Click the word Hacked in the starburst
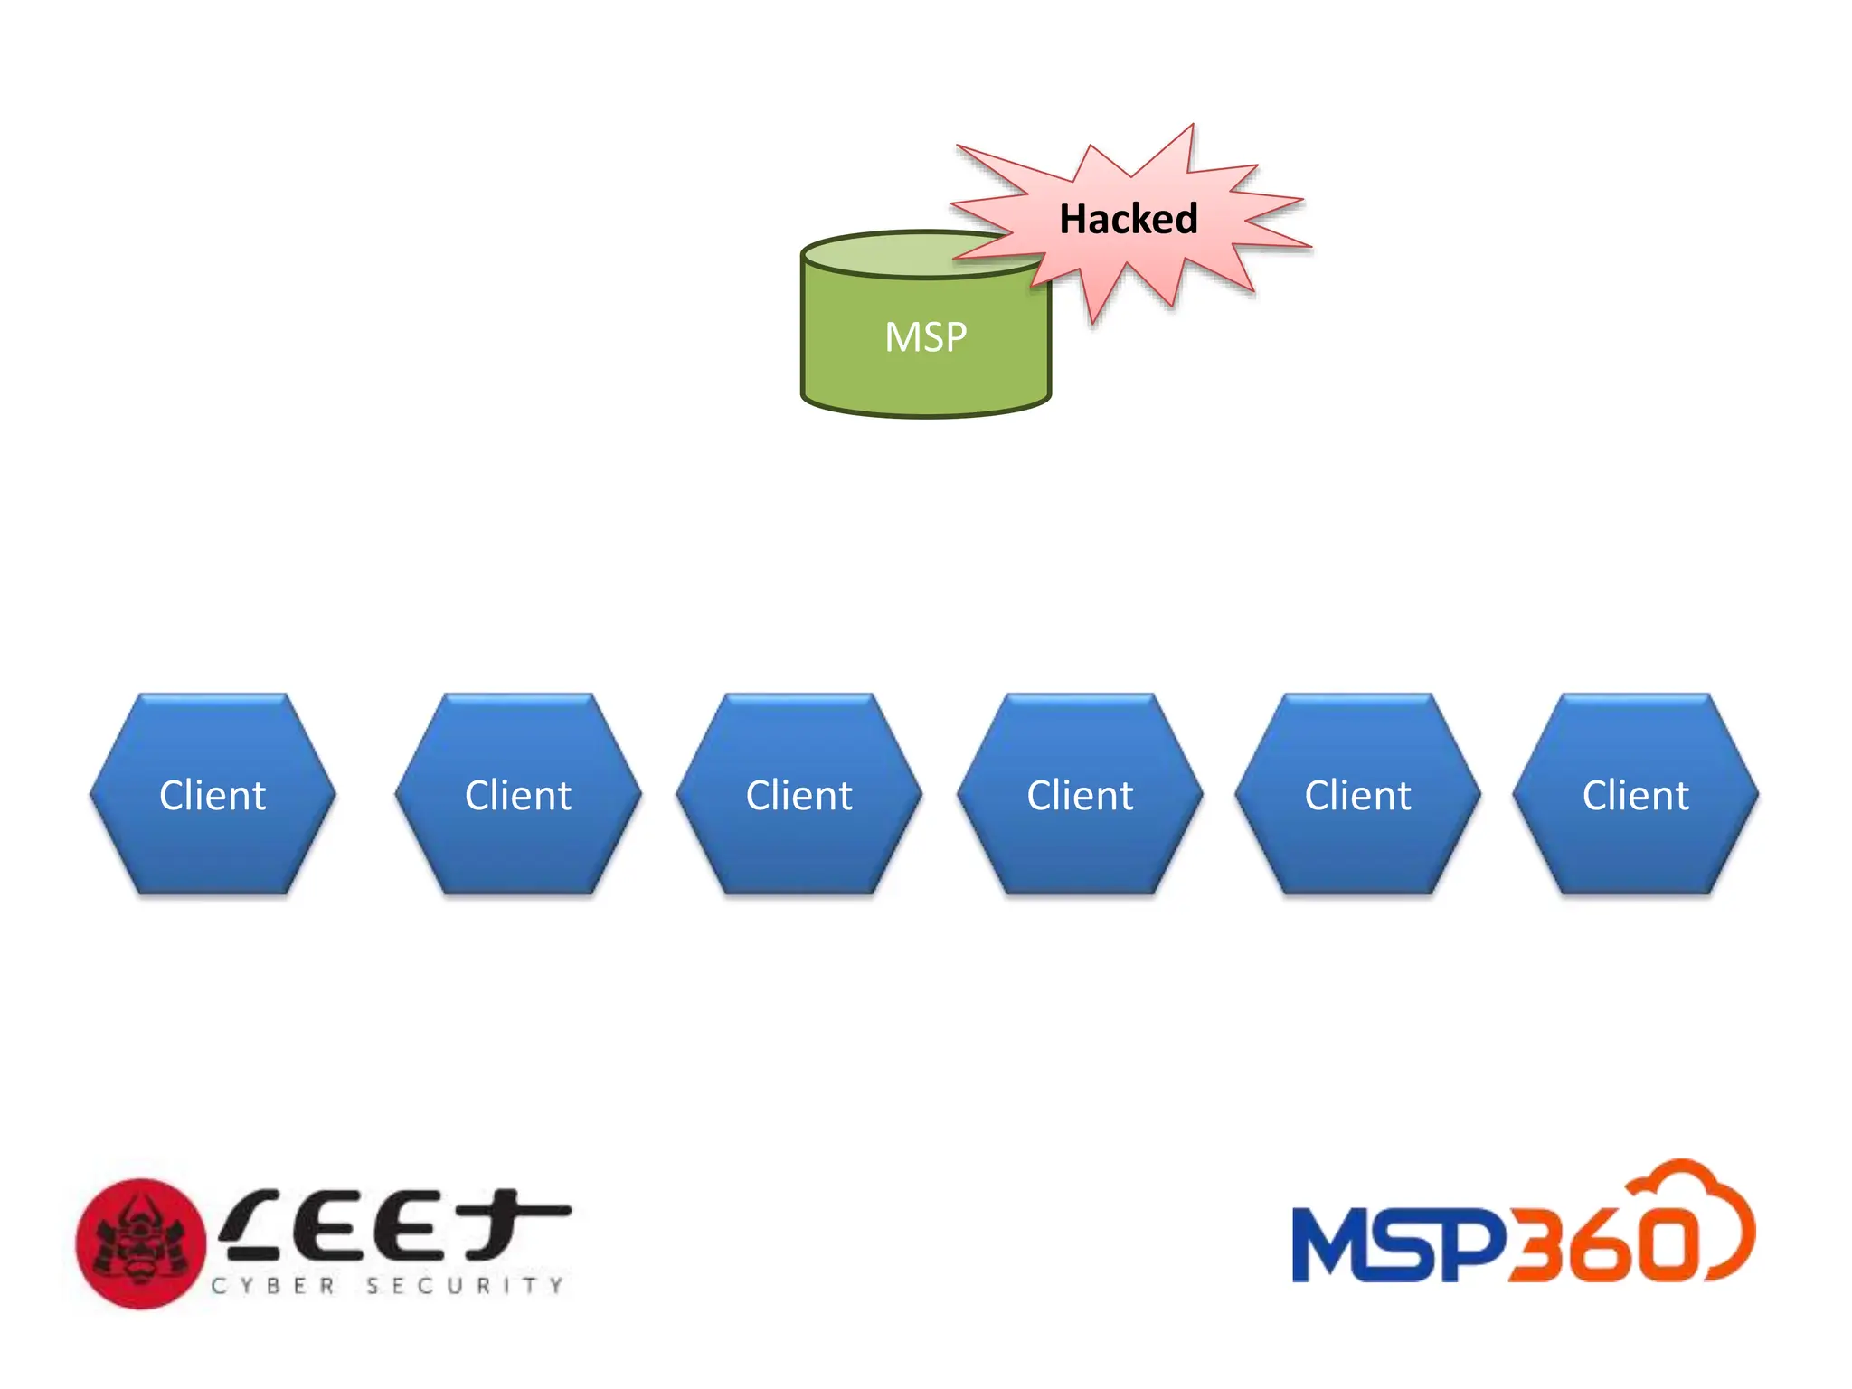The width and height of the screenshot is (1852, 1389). click(1128, 219)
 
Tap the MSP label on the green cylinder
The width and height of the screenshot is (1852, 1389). click(925, 337)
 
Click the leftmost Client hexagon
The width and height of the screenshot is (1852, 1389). click(213, 795)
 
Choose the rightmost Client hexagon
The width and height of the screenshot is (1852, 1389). click(1635, 795)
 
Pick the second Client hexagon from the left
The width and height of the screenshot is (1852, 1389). click(518, 795)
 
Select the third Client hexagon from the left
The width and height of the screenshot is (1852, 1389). click(798, 795)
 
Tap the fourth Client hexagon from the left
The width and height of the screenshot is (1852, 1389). click(1080, 795)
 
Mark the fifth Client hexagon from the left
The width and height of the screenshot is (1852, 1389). click(1357, 795)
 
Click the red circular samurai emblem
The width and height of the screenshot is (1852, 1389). click(140, 1243)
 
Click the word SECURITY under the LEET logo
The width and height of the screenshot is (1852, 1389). click(465, 1285)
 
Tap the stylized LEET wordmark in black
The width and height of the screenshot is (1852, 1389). click(393, 1226)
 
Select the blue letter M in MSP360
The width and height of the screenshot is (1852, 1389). click(1337, 1245)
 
